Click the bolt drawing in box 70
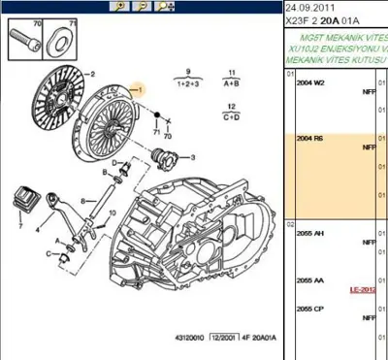pyautogui.click(x=26, y=42)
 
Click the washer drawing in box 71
pyautogui.click(x=54, y=42)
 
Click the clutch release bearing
pyautogui.click(x=168, y=156)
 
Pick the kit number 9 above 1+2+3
pyautogui.click(x=188, y=71)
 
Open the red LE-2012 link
pyautogui.click(x=363, y=289)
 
